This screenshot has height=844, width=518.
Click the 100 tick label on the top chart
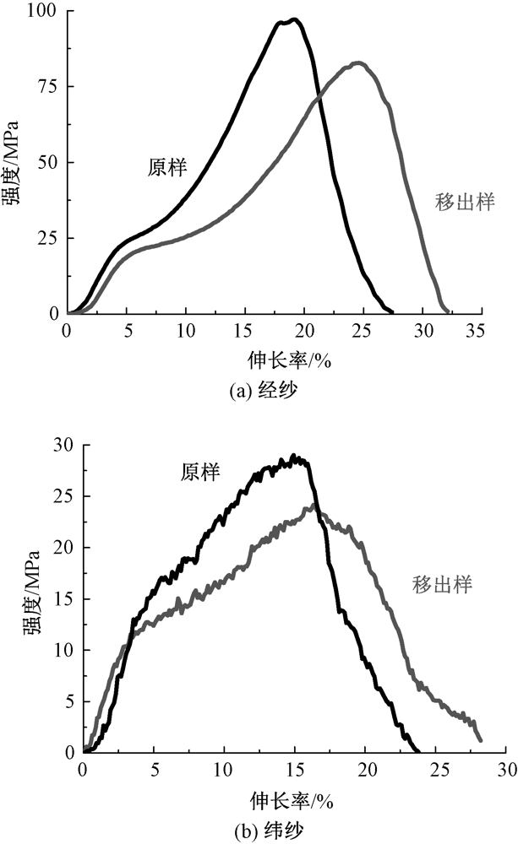(x=44, y=11)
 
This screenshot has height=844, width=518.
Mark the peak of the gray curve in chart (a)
(x=357, y=62)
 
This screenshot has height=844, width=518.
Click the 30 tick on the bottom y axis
(x=64, y=445)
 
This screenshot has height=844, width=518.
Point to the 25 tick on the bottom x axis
(x=436, y=769)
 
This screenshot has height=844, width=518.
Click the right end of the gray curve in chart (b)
(x=480, y=739)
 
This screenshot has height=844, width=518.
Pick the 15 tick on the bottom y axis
(x=64, y=598)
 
